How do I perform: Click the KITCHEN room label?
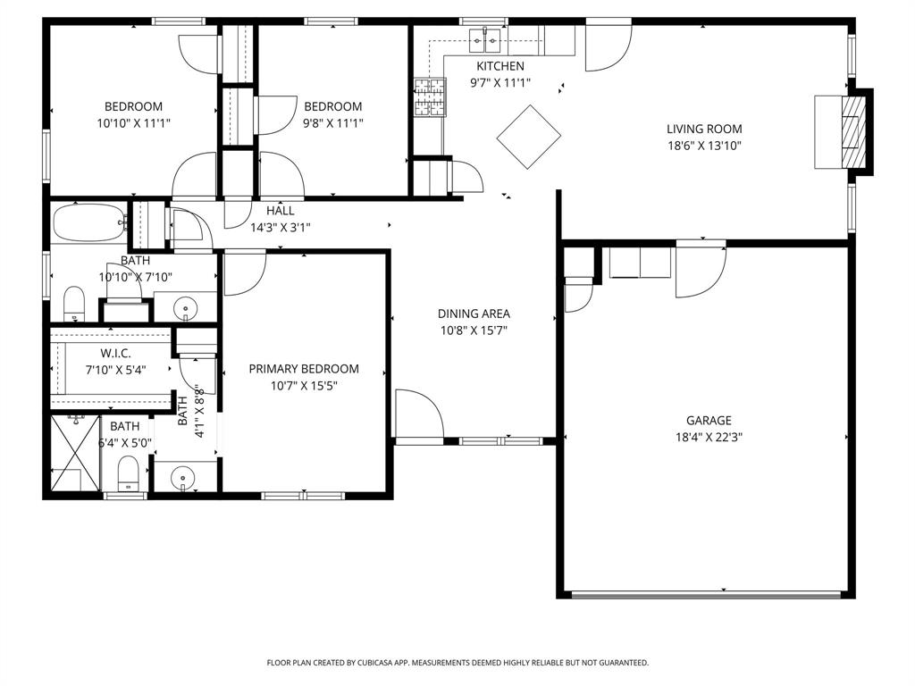[x=499, y=66]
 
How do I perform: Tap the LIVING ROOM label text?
[x=704, y=129]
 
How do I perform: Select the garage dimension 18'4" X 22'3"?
[x=709, y=438]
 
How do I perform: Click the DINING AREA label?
[x=474, y=314]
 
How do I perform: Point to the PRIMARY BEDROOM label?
[x=304, y=369]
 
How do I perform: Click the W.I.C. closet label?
[x=115, y=354]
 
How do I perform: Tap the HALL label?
[x=280, y=211]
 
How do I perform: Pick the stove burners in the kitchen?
[x=428, y=97]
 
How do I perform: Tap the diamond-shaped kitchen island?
[x=528, y=137]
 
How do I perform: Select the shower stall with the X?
[x=74, y=453]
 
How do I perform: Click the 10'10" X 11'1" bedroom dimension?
[x=133, y=123]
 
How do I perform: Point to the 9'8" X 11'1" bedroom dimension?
[x=332, y=123]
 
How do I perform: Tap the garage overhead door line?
[x=706, y=594]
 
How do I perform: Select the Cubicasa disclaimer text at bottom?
[x=457, y=663]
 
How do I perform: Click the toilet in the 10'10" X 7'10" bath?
[x=73, y=301]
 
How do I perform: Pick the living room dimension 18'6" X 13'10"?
[x=704, y=146]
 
